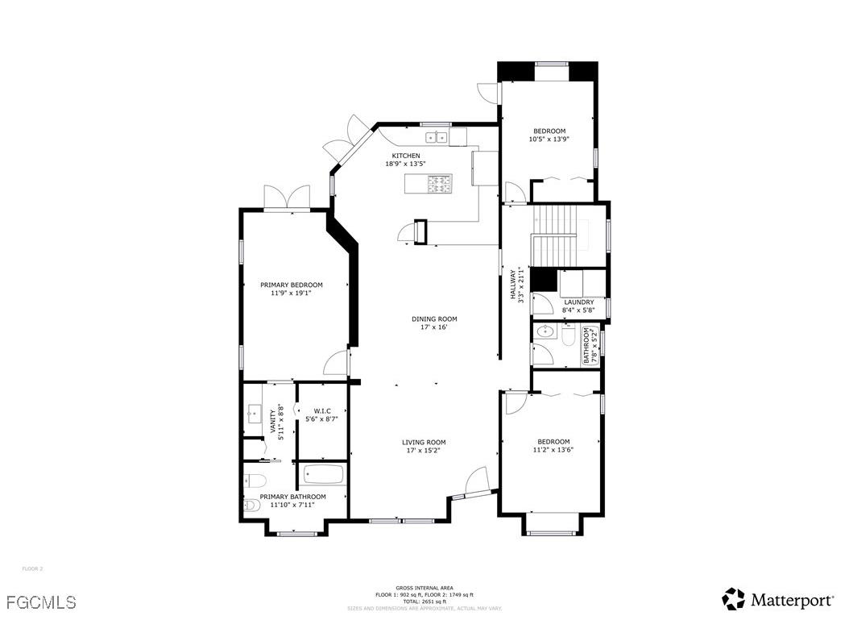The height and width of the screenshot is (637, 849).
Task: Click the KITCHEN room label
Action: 405,156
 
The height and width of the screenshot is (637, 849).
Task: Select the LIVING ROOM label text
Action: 424,442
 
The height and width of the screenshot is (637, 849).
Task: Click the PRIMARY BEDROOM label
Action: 291,285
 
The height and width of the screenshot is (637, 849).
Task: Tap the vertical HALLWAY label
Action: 512,285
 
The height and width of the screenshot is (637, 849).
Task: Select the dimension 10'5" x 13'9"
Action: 549,139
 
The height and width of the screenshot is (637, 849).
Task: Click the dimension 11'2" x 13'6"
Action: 553,450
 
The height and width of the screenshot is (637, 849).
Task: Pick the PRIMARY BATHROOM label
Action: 292,497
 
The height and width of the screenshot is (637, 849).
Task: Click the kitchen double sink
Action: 437,138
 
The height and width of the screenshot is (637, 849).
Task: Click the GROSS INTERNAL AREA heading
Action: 424,588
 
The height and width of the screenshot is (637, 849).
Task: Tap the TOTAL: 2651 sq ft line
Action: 424,602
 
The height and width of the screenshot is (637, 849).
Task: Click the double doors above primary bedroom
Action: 288,198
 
